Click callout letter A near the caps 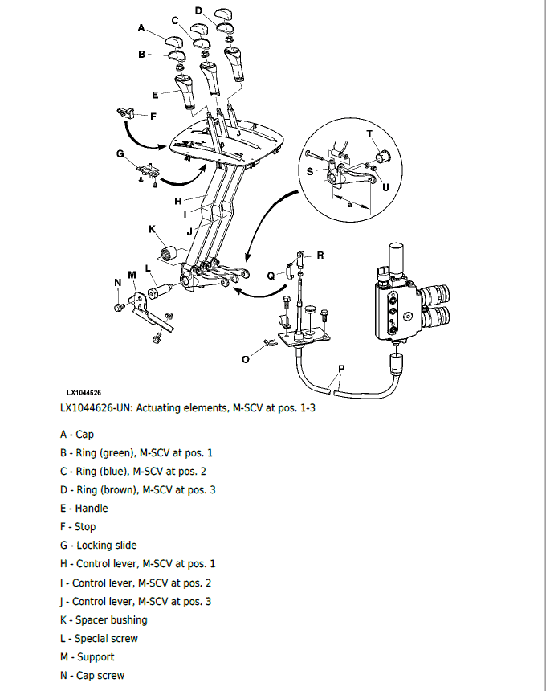pyautogui.click(x=141, y=28)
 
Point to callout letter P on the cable pyautogui.click(x=342, y=370)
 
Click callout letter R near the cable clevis pyautogui.click(x=320, y=256)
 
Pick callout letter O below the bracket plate pyautogui.click(x=246, y=359)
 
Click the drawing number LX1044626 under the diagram pyautogui.click(x=84, y=392)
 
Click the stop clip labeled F pyautogui.click(x=124, y=111)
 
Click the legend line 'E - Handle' pyautogui.click(x=84, y=508)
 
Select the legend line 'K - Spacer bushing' pyautogui.click(x=104, y=619)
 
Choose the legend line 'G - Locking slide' pyautogui.click(x=98, y=546)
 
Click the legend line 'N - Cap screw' pyautogui.click(x=92, y=676)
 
